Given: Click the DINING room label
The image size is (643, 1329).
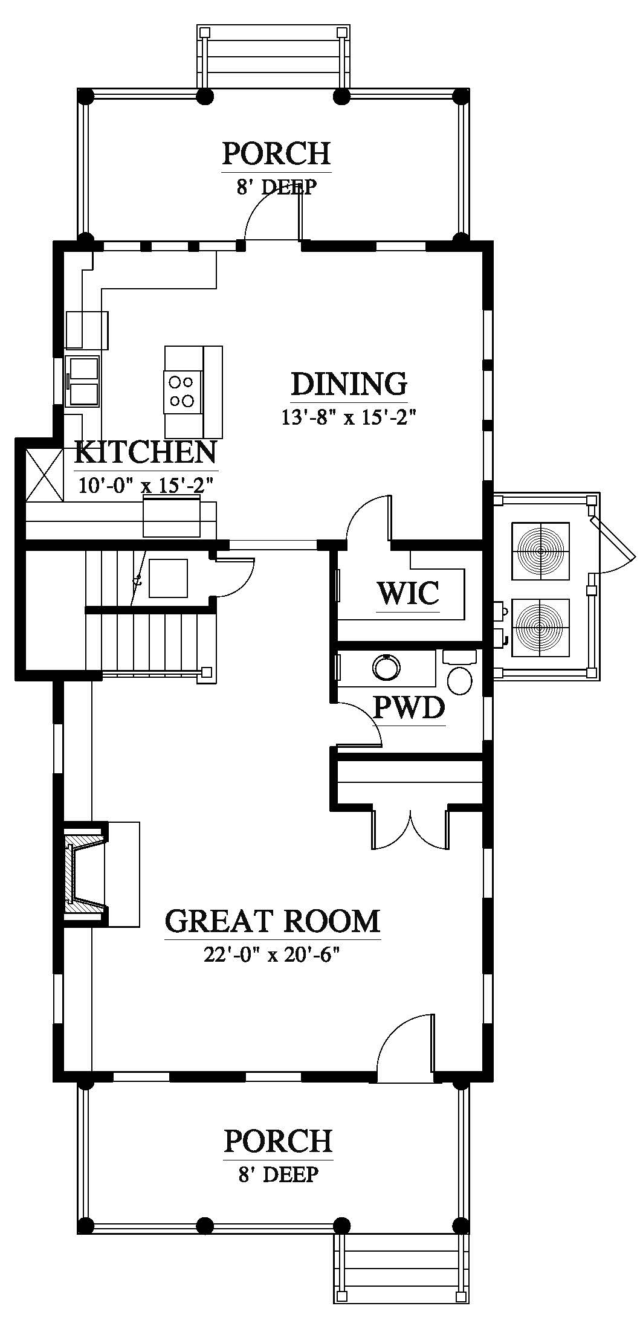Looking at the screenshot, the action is [349, 384].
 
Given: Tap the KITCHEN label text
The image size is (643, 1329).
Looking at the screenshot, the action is [146, 452].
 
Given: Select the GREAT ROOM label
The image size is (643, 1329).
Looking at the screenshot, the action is [273, 921].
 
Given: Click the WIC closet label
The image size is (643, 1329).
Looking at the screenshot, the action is [408, 593].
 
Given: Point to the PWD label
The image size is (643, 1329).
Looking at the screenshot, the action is [409, 707].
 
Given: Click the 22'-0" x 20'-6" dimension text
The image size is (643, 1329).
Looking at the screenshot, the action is [273, 954].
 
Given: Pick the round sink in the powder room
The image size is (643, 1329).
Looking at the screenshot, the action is [387, 669].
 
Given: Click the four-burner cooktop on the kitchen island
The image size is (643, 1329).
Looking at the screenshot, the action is [183, 391].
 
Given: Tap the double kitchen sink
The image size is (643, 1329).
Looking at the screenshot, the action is [83, 382].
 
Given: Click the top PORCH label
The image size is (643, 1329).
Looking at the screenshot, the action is [277, 153].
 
